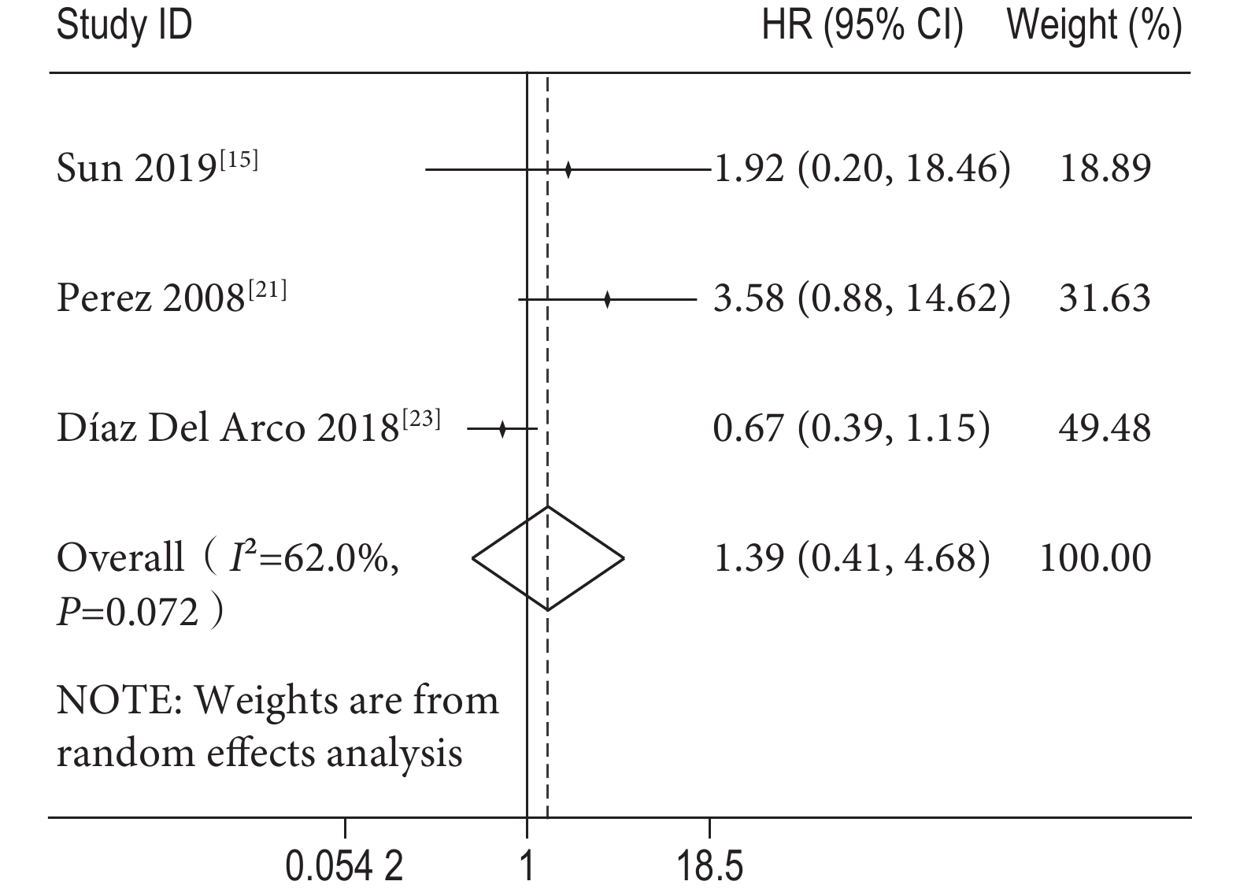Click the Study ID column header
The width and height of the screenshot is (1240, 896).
(x=124, y=26)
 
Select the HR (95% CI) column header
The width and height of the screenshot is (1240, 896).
(x=862, y=26)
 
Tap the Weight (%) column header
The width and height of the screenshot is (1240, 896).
(x=1094, y=26)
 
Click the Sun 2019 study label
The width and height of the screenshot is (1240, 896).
(x=157, y=168)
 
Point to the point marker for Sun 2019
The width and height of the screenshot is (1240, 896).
(x=568, y=168)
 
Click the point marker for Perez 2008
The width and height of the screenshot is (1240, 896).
(x=607, y=299)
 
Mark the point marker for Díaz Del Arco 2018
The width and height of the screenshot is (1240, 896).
(x=502, y=429)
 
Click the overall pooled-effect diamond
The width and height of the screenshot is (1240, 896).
(x=548, y=558)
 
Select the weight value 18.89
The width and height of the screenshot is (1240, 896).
(x=1105, y=168)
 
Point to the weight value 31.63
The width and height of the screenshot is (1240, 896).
(x=1105, y=298)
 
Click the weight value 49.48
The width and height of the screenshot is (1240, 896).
(x=1105, y=428)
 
